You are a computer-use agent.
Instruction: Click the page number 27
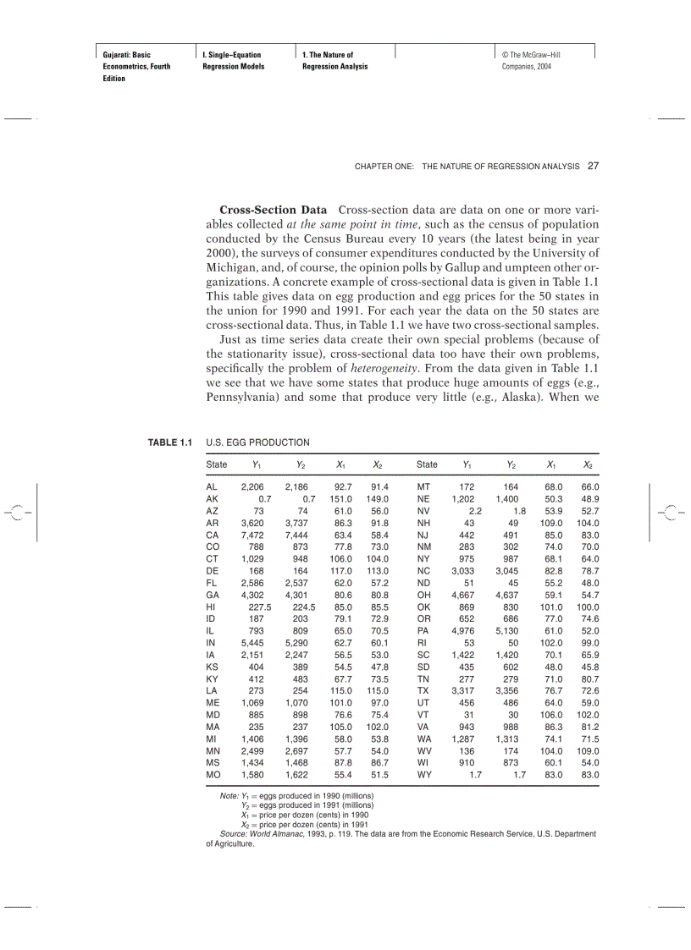[593, 166]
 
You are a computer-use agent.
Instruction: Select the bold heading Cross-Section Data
[273, 209]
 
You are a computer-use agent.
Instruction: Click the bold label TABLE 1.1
[171, 442]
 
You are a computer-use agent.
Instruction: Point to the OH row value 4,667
[467, 596]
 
